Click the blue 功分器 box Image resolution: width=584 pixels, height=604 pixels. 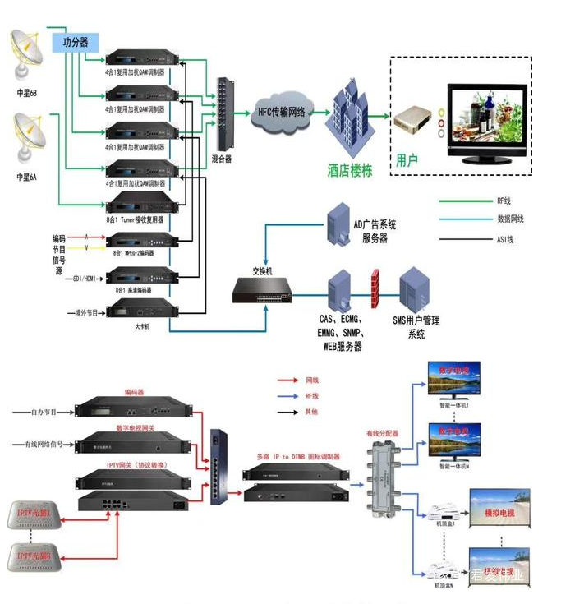coord(75,42)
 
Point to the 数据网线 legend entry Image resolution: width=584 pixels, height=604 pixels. coord(510,219)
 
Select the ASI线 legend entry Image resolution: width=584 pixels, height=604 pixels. coord(505,239)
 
